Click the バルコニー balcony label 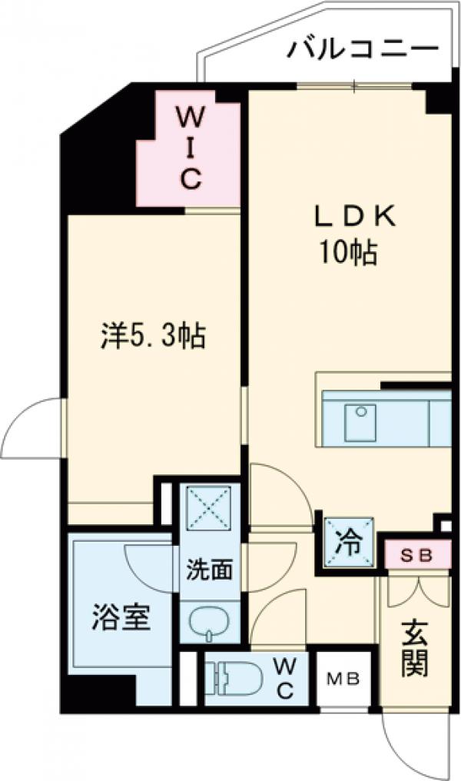[363, 51]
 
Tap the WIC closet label [191, 148]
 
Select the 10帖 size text [349, 252]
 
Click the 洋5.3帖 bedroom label [153, 336]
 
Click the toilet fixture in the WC [230, 676]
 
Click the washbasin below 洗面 [210, 622]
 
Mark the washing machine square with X [211, 507]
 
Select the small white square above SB [445, 526]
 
